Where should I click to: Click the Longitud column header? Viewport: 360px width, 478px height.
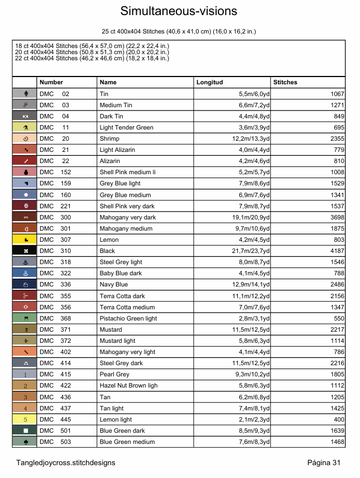click(x=209, y=82)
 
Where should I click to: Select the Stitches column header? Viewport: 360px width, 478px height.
click(x=285, y=82)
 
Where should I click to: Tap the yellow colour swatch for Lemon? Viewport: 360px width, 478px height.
click(x=25, y=240)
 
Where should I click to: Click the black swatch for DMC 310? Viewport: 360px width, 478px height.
click(x=25, y=251)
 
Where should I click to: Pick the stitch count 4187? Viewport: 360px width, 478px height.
click(x=337, y=251)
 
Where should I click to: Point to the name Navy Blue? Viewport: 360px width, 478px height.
click(x=113, y=285)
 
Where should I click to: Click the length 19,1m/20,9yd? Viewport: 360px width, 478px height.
click(x=254, y=217)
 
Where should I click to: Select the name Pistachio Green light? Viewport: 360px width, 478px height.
click(x=128, y=318)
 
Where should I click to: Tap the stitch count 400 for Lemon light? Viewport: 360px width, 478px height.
click(x=339, y=419)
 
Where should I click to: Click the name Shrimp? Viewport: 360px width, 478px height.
click(x=109, y=138)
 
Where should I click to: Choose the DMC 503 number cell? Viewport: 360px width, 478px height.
click(x=55, y=442)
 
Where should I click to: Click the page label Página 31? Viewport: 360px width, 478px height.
click(x=324, y=462)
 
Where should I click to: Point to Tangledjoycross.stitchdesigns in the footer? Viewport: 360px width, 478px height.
click(x=66, y=462)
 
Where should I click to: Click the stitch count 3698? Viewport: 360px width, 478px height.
click(x=337, y=217)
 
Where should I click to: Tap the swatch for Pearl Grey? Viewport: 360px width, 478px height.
click(x=25, y=374)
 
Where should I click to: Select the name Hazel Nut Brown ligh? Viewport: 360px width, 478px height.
click(x=128, y=385)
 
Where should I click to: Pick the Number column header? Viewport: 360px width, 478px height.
click(x=51, y=82)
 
